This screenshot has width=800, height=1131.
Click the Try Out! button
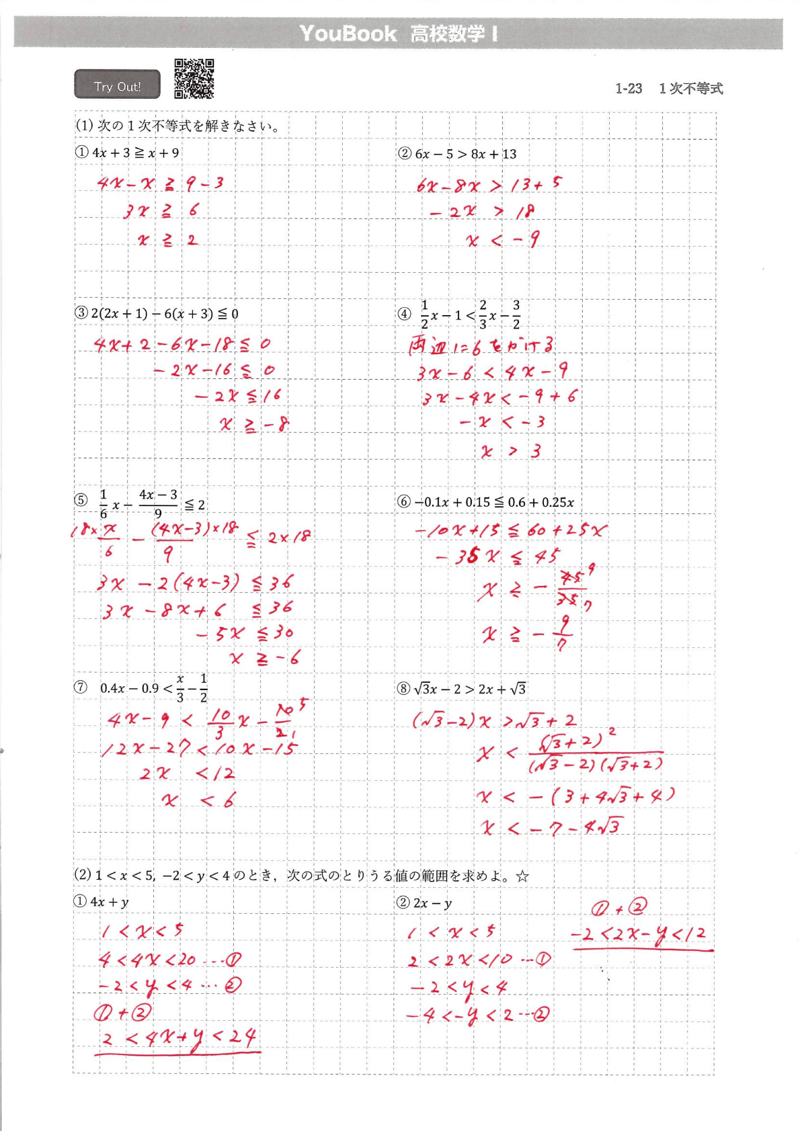(117, 85)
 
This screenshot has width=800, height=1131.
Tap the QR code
(194, 79)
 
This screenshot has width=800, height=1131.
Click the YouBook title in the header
(348, 34)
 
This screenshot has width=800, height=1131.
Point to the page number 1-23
(629, 89)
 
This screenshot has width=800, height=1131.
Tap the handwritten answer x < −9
(502, 240)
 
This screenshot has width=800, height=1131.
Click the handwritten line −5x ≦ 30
(245, 633)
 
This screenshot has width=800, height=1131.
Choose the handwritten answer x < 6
(199, 800)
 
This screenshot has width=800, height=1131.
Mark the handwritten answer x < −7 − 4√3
(551, 827)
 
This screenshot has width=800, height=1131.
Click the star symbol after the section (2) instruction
(522, 876)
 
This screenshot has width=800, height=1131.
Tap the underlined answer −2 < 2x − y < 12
(639, 934)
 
